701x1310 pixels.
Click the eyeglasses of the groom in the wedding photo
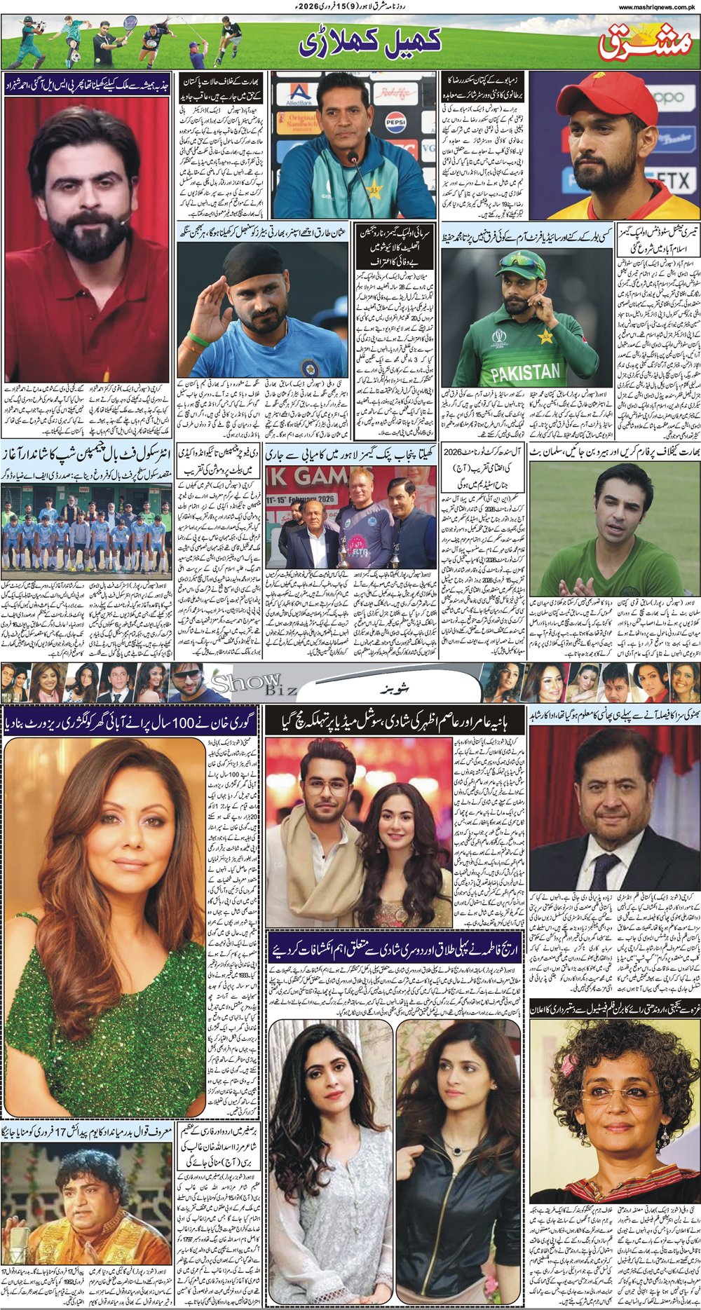click(327, 786)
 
